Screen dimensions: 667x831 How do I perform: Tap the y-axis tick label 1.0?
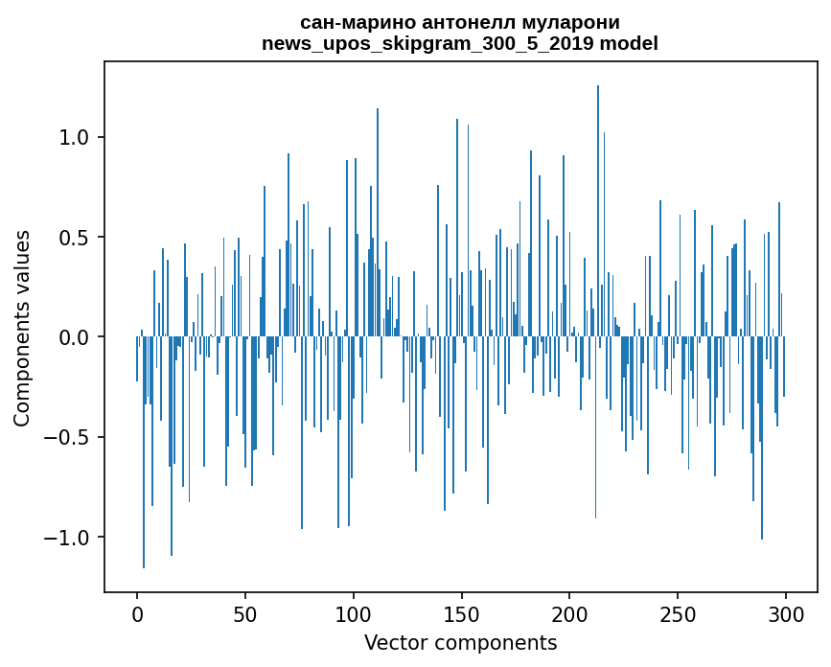[74, 137]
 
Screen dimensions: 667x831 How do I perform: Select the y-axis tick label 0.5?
[74, 238]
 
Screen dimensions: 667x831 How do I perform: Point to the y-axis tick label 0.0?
[74, 337]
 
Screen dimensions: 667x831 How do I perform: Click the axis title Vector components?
[460, 642]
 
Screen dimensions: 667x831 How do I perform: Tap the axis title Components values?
[22, 328]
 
